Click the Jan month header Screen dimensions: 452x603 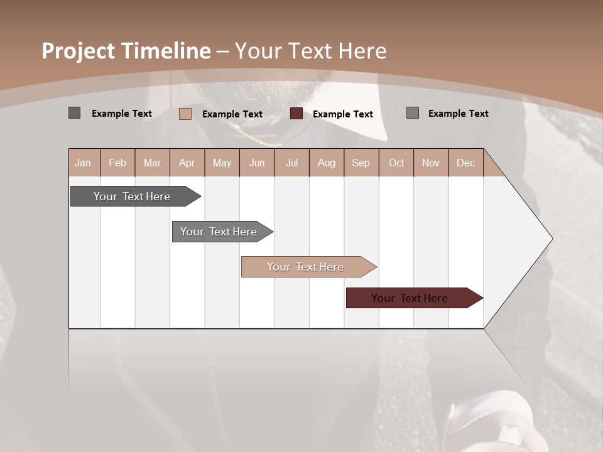click(x=84, y=163)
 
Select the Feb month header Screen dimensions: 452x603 click(x=117, y=163)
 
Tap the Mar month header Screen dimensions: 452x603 click(x=152, y=163)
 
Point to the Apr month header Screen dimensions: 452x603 click(x=187, y=163)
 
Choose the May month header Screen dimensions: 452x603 click(x=222, y=163)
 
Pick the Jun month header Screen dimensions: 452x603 click(x=257, y=163)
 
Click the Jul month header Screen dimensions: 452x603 click(x=291, y=163)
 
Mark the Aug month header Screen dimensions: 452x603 click(x=326, y=163)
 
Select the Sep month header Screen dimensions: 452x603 click(x=361, y=163)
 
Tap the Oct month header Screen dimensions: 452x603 click(x=396, y=163)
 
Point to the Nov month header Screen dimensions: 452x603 click(x=431, y=163)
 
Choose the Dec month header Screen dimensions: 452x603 click(x=465, y=163)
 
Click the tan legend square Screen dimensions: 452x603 click(x=185, y=114)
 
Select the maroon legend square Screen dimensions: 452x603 click(x=296, y=114)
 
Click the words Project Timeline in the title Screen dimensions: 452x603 click(x=126, y=51)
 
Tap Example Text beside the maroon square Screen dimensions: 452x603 click(x=342, y=114)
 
